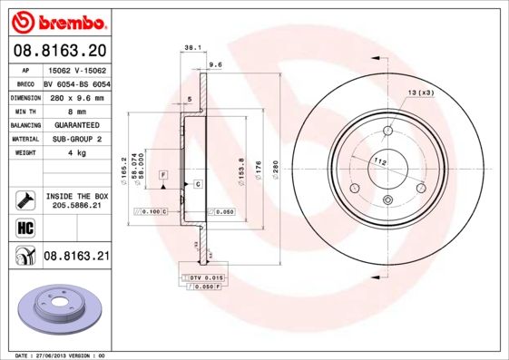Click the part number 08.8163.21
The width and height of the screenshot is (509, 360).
(x=76, y=258)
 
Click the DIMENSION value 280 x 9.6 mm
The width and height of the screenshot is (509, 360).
(x=76, y=97)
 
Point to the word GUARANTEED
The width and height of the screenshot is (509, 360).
(x=76, y=125)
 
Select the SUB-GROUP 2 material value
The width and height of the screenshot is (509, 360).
(x=76, y=140)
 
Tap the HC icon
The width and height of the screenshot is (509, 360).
(x=25, y=227)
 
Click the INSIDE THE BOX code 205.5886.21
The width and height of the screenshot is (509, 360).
(x=76, y=206)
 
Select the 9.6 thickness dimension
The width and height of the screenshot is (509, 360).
(x=215, y=66)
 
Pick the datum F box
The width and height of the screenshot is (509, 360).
(x=162, y=173)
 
